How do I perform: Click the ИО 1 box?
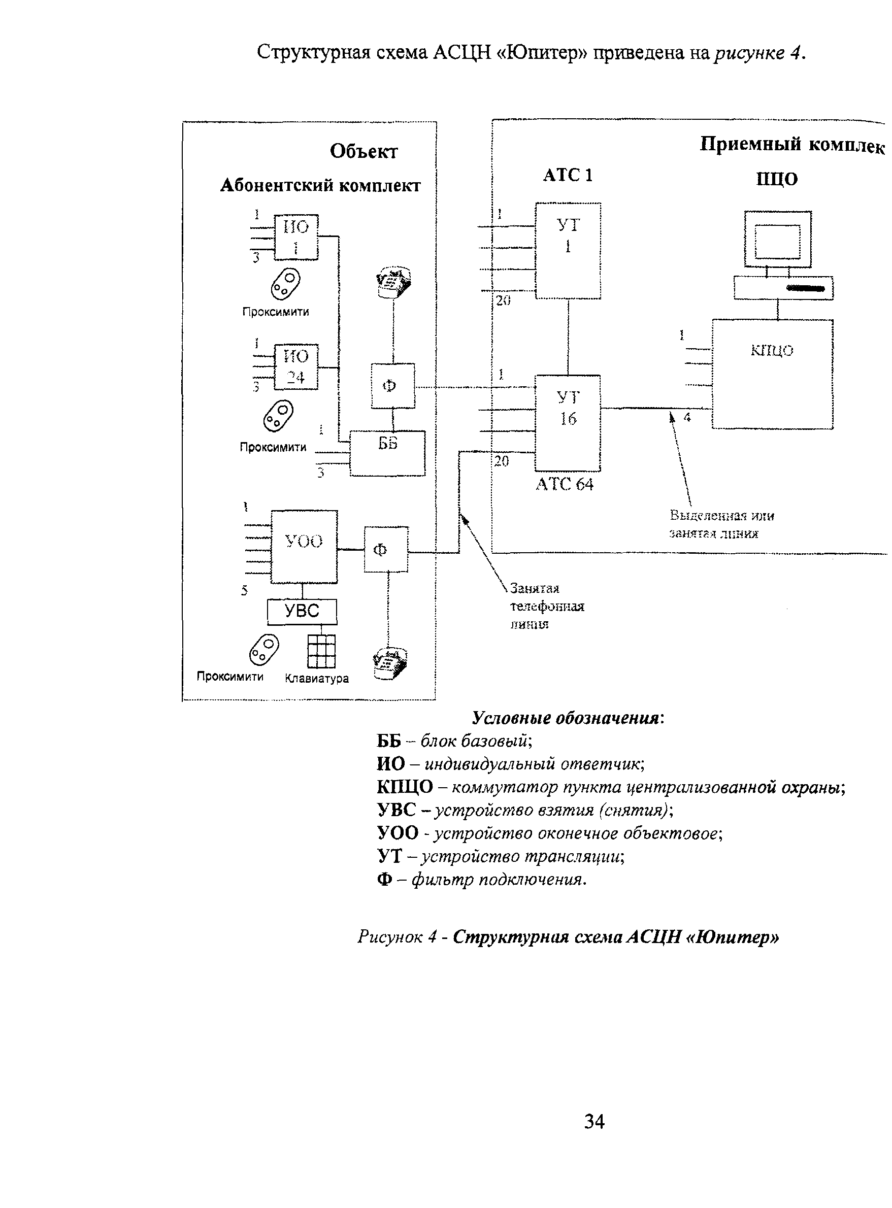point(296,237)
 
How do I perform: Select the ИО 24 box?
point(296,366)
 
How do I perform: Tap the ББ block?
point(387,453)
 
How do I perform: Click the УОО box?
point(304,546)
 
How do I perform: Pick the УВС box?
point(302,611)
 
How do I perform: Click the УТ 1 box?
point(568,250)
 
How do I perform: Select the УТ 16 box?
point(568,423)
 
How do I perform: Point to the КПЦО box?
point(772,374)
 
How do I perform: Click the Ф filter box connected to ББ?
point(392,385)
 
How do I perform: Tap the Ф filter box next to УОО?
point(385,549)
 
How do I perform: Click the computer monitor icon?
point(778,239)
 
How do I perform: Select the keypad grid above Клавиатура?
point(321,651)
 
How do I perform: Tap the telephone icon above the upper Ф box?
point(393,282)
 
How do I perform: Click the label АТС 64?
point(564,484)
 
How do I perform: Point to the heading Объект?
point(364,152)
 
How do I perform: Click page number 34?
point(594,1121)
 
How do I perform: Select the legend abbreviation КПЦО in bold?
point(405,787)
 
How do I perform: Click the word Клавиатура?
point(316,679)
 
